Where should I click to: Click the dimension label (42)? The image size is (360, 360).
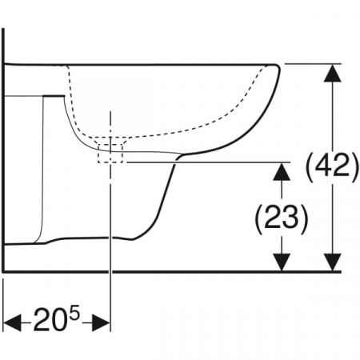tap(332, 167)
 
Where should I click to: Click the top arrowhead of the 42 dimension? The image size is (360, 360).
tap(333, 73)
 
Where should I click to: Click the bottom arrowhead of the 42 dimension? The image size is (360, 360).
tap(333, 262)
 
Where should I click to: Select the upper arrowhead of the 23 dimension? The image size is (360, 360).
tap(282, 171)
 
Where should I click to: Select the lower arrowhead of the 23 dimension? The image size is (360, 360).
tap(282, 262)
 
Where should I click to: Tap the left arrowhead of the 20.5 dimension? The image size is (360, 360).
tap(12, 322)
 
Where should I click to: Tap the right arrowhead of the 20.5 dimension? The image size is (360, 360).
tap(101, 322)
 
